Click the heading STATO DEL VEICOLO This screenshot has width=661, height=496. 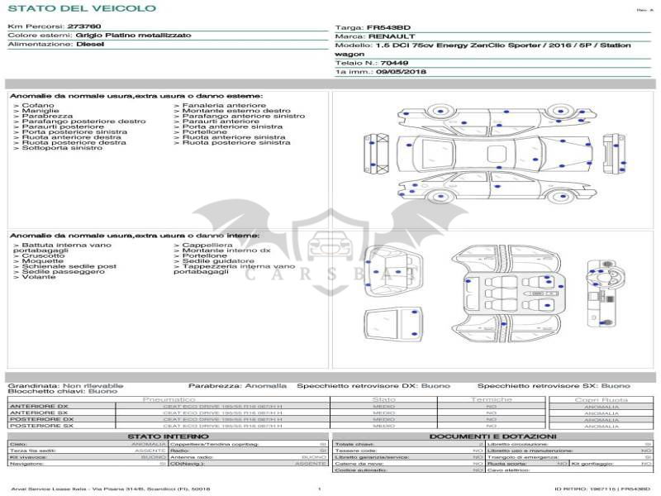pyautogui.click(x=82, y=8)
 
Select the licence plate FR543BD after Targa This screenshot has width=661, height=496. pyautogui.click(x=388, y=27)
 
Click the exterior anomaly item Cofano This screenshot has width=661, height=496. pyautogui.click(x=38, y=106)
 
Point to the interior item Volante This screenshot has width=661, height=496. pyautogui.click(x=39, y=277)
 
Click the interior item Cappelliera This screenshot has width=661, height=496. pyautogui.click(x=207, y=246)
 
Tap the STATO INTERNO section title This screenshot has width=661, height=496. pyautogui.click(x=163, y=436)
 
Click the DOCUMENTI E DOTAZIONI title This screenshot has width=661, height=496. pyautogui.click(x=492, y=436)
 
